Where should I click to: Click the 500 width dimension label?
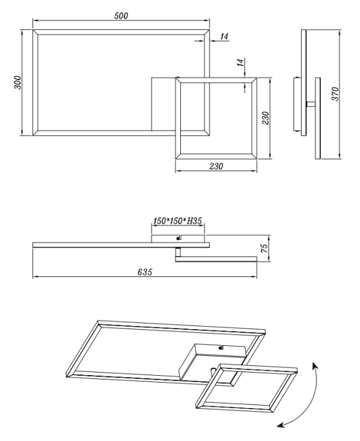click(x=121, y=16)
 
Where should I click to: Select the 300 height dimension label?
click(x=17, y=83)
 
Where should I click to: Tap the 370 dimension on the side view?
click(x=335, y=94)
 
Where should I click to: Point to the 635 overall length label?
click(x=145, y=272)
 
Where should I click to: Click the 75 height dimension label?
click(x=265, y=248)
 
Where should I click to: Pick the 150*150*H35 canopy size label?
click(x=178, y=221)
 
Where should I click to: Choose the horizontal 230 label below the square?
click(x=216, y=166)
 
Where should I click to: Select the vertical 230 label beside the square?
click(x=265, y=118)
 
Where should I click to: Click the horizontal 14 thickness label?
click(x=224, y=36)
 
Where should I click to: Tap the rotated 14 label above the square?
click(x=241, y=63)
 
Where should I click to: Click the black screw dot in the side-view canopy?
click(x=178, y=239)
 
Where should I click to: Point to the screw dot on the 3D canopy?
click(x=220, y=348)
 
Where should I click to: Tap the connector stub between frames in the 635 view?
click(x=178, y=252)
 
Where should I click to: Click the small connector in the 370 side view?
click(x=311, y=104)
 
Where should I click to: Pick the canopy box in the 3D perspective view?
click(x=213, y=361)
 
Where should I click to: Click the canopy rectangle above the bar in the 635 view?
click(x=178, y=239)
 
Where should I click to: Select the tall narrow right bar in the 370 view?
click(x=318, y=118)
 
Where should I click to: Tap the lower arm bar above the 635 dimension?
click(x=216, y=259)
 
